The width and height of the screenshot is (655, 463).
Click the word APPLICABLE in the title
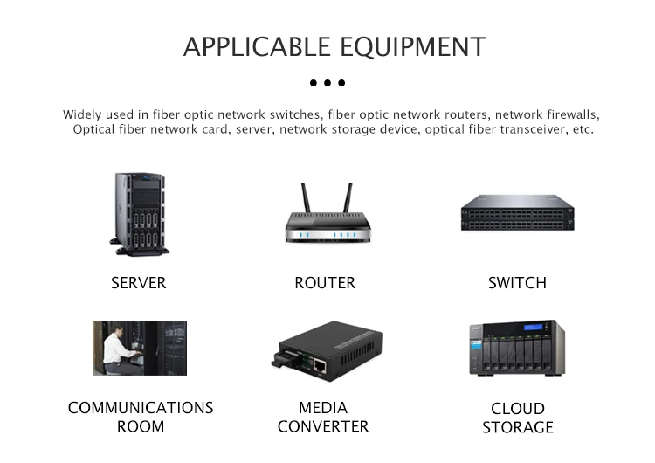257,46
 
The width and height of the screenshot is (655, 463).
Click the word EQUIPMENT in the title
413,47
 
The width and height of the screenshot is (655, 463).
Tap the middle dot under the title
327,83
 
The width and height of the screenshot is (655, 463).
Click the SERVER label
138,283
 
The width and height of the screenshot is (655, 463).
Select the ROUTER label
325,283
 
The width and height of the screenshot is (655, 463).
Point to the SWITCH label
517,283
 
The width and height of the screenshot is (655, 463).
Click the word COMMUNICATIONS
141,408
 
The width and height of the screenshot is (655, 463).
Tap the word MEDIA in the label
323,407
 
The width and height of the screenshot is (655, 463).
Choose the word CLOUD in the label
518,408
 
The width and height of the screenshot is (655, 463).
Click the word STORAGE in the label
518,427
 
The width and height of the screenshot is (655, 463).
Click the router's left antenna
307,197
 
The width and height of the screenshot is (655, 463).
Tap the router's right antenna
348,197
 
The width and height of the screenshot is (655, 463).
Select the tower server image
140,214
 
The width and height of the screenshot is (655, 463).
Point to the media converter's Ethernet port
320,366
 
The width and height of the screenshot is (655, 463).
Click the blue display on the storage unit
534,327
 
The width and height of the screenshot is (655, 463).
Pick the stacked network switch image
518,212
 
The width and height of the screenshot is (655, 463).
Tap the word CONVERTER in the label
323,426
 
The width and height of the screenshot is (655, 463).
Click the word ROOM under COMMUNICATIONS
141,426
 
